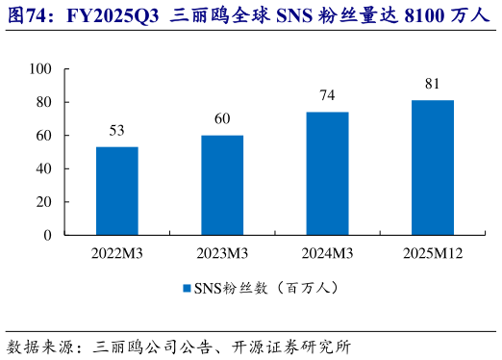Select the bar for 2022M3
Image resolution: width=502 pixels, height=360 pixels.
[x=116, y=191]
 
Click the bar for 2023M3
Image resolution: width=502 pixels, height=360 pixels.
[x=222, y=185]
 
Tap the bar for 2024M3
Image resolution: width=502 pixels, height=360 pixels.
[x=327, y=173]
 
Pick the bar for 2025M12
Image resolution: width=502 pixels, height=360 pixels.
[x=432, y=167]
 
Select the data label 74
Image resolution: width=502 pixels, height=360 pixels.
[x=327, y=96]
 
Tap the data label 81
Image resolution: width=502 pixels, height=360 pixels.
[x=432, y=85]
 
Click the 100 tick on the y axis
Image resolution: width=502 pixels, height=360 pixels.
[x=39, y=69]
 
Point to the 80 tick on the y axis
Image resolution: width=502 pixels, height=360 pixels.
[x=43, y=102]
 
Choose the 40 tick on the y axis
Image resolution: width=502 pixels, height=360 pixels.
[x=43, y=168]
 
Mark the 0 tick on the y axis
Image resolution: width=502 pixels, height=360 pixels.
[x=47, y=235]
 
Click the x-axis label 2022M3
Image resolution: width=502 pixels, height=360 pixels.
[x=116, y=253]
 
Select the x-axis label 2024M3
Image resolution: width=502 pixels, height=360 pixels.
[x=327, y=253]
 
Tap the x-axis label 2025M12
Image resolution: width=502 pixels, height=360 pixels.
[x=432, y=253]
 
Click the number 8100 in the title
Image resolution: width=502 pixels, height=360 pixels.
[x=388, y=15]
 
